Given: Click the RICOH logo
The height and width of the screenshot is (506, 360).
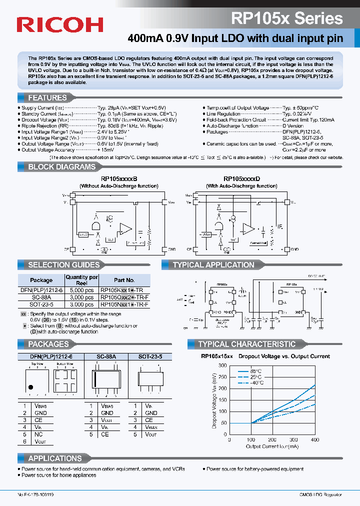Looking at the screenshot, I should coord(60,24).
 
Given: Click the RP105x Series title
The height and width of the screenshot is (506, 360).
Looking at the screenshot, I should coord(287,18).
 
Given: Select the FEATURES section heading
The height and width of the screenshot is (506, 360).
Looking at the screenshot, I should coord(47,98).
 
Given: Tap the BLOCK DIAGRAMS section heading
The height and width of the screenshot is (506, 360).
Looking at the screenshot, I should coord(61,167).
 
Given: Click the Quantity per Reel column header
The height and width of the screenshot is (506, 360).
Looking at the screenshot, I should coord(81,280).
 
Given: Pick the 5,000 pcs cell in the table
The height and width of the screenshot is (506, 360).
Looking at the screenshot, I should coord(81,289).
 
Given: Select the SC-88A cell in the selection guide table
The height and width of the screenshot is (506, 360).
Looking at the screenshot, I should coord(41,296).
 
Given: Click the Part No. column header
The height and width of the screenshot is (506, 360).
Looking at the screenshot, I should coord(124,280).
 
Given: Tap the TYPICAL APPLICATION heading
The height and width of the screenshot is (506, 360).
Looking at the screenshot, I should coord(213,265).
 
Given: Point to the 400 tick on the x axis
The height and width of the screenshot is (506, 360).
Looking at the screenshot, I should coord(315,439).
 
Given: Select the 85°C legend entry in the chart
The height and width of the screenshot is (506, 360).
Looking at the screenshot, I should coord(256,371).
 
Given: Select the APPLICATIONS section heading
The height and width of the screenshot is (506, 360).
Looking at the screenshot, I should coord(55,458).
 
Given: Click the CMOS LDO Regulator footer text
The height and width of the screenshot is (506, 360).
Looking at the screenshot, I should coord(317,494).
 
